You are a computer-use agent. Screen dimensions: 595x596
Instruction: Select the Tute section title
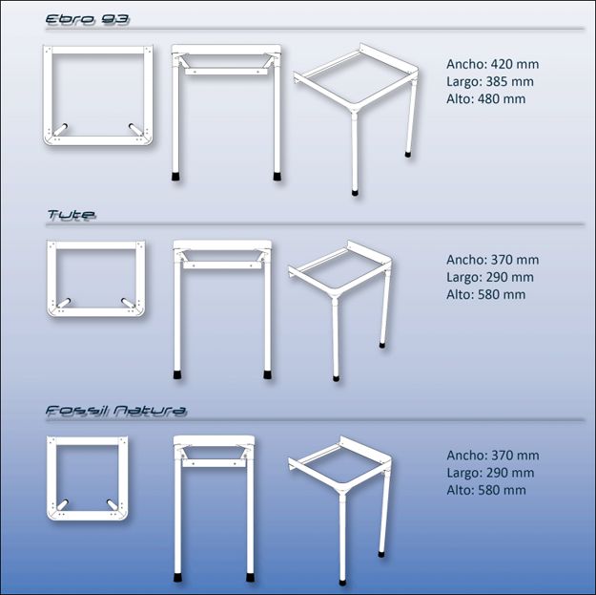click(72, 216)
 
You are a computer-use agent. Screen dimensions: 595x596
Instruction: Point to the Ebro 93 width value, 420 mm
click(492, 64)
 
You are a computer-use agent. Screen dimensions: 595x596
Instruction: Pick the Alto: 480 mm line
click(485, 98)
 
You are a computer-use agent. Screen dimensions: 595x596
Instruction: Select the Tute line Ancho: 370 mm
click(492, 260)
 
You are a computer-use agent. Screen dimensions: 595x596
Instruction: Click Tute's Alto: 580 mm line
click(485, 294)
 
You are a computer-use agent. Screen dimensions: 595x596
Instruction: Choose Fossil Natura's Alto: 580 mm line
click(485, 490)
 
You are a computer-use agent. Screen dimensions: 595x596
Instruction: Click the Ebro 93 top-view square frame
click(97, 96)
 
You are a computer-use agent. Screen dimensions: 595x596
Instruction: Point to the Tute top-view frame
click(96, 279)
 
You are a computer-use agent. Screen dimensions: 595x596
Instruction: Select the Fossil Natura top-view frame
click(87, 478)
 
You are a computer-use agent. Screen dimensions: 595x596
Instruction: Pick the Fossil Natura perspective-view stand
click(340, 497)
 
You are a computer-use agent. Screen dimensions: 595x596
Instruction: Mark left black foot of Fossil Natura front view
click(178, 577)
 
